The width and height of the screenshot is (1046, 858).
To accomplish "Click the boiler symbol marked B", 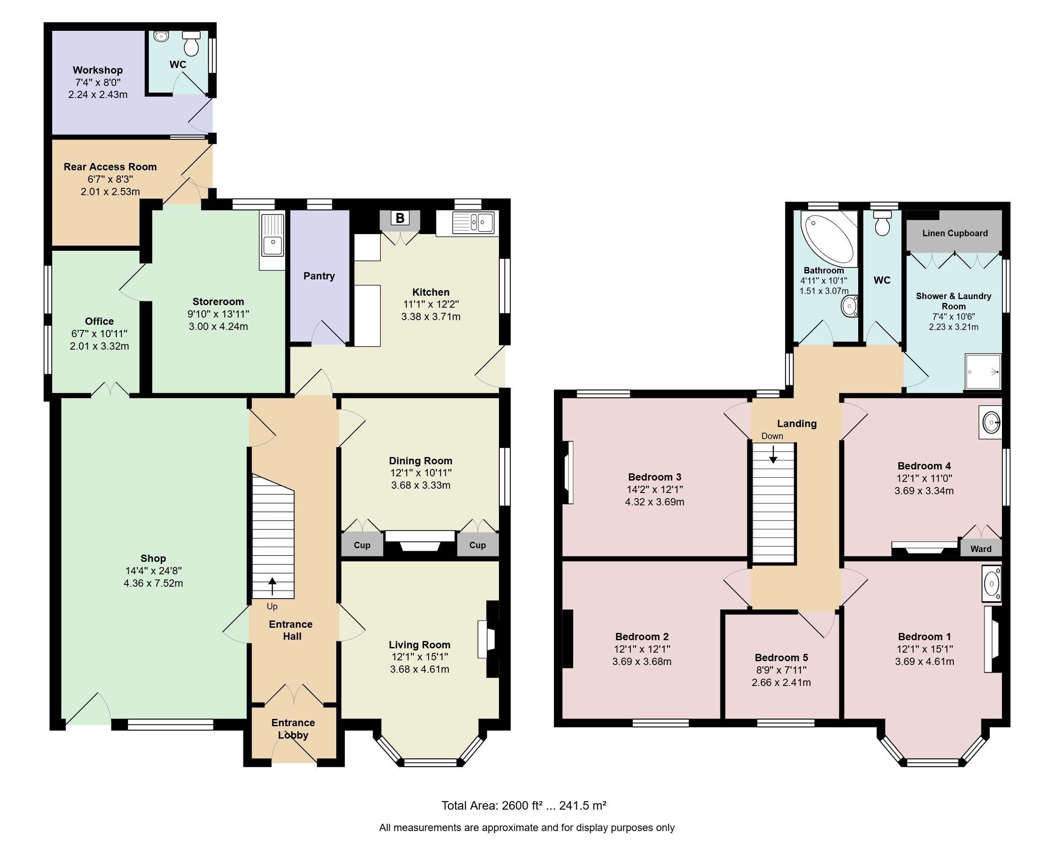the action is (400, 218).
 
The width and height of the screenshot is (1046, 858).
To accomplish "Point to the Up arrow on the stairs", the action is (272, 587).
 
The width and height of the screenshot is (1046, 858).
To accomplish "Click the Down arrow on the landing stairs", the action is (773, 454).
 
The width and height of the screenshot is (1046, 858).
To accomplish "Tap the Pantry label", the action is (319, 276).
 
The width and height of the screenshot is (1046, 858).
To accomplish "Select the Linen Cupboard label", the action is (954, 233).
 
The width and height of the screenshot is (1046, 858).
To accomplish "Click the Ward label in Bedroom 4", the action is (981, 549).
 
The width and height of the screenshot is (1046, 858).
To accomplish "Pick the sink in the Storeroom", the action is (272, 241).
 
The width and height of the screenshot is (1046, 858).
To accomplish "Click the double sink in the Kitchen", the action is (473, 223).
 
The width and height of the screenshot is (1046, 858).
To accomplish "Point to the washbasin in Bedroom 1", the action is (991, 584).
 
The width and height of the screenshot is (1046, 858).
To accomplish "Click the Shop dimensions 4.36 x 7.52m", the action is (153, 583).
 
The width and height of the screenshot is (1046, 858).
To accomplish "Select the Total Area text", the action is (524, 806).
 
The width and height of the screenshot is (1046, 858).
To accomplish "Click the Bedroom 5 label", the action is (781, 657).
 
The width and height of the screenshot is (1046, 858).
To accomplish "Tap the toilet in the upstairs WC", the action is (883, 223).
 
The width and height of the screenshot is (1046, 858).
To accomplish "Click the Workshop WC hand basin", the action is (162, 36).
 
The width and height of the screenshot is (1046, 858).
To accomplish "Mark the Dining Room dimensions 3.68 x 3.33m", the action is (421, 485).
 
